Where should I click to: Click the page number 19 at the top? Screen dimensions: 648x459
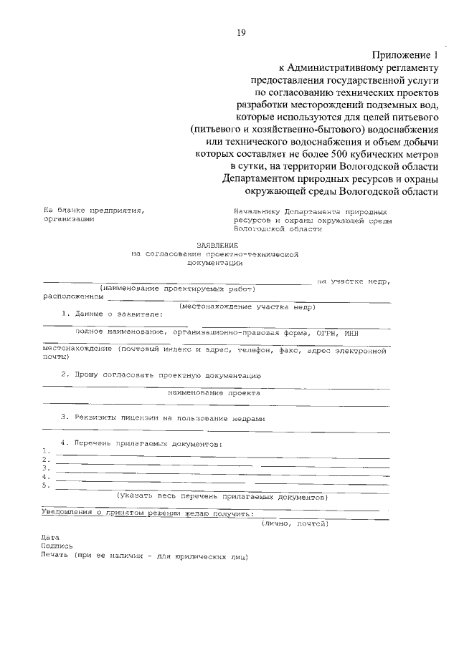click(x=241, y=32)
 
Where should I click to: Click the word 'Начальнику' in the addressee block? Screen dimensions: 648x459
click(x=257, y=213)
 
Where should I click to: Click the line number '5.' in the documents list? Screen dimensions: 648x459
click(x=45, y=485)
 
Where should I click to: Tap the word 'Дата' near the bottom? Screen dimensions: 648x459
click(x=50, y=537)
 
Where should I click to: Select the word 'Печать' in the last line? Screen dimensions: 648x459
click(x=56, y=555)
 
